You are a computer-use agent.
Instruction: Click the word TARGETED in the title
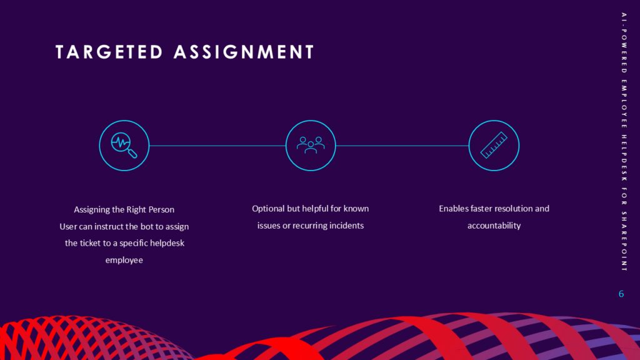click(109, 52)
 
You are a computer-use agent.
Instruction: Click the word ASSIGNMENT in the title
click(244, 52)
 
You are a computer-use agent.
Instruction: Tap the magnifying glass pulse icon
click(124, 145)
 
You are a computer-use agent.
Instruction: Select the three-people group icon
click(311, 145)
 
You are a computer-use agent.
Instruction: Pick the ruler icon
click(494, 145)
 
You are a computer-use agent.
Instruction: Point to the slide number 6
click(621, 294)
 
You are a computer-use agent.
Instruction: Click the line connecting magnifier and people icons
click(217, 146)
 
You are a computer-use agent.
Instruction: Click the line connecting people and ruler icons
click(402, 146)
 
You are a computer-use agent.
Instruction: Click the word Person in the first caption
click(161, 210)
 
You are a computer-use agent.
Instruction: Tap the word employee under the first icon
click(124, 261)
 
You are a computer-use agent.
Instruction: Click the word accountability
click(494, 226)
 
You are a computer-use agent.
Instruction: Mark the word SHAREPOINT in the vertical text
click(624, 241)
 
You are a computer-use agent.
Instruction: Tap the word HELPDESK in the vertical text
click(624, 158)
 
